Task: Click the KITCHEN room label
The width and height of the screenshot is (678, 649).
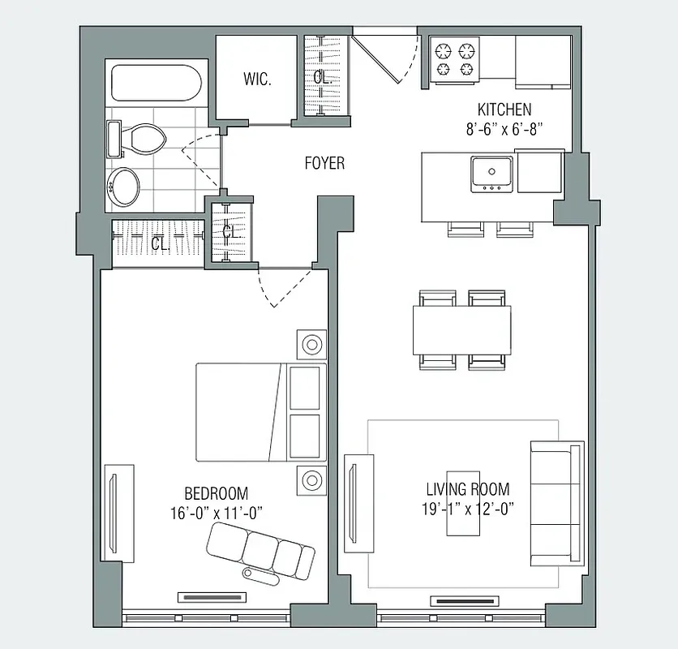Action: click(504, 110)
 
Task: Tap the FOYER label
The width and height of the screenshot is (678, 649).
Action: click(324, 163)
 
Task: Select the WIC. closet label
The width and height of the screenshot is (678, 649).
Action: click(257, 79)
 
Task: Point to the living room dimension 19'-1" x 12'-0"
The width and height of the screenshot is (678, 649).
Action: click(468, 509)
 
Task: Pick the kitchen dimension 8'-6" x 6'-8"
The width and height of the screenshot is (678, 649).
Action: click(504, 128)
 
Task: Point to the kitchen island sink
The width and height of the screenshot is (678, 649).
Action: click(491, 172)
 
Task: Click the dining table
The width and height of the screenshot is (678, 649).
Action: click(462, 329)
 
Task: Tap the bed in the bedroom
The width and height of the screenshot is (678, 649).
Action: click(260, 411)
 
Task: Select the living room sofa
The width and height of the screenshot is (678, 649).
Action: click(556, 502)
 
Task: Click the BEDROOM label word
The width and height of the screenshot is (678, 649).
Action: click(216, 493)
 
